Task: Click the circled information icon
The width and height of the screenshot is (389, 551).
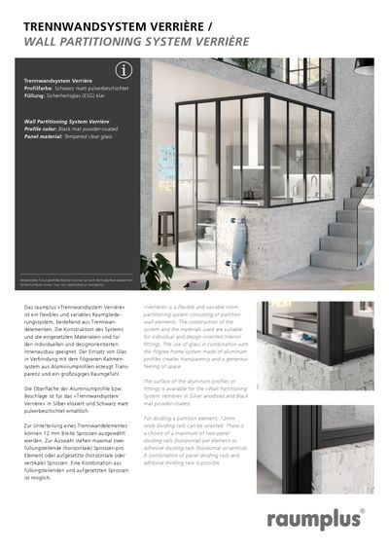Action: [x=123, y=70]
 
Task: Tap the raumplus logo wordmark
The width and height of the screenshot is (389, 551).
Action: [x=314, y=518]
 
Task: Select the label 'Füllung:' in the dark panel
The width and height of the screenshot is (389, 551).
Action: [x=36, y=95]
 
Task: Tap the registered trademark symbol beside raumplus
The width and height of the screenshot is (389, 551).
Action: [x=362, y=509]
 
